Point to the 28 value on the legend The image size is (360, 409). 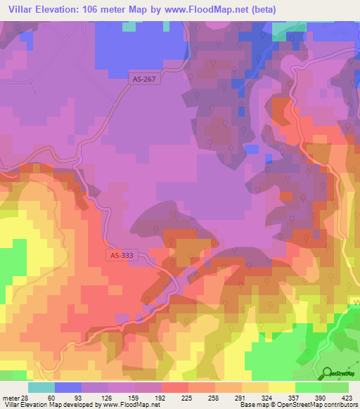click(x=24, y=398)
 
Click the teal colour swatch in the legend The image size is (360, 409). click(x=41, y=387)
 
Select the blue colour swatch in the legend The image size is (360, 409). click(x=67, y=387)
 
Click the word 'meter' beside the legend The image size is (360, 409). click(x=10, y=398)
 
